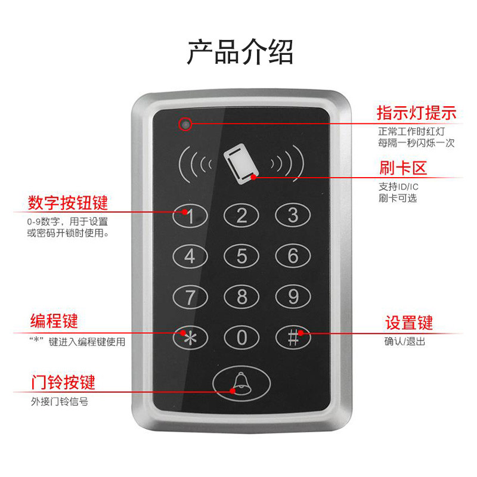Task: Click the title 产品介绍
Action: click(240, 52)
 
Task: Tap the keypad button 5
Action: click(241, 256)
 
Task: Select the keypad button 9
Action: click(293, 296)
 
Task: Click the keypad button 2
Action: click(241, 216)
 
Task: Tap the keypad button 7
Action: click(190, 296)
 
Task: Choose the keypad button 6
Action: click(293, 256)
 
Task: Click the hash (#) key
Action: click(293, 337)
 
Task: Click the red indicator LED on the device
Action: click(185, 124)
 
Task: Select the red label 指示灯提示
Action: click(416, 113)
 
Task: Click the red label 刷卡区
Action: click(403, 168)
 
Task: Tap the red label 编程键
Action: click(54, 321)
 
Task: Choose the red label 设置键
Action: click(408, 323)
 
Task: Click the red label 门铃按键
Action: click(63, 381)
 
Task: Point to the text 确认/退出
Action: click(405, 342)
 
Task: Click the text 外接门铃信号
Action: click(60, 401)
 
